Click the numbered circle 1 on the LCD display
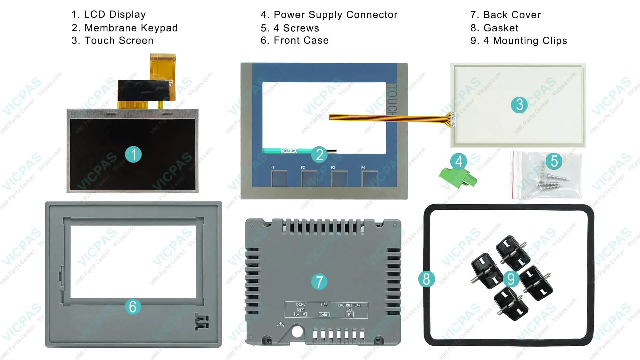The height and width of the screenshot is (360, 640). pos(133,155)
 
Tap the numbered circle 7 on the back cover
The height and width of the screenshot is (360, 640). pos(319,282)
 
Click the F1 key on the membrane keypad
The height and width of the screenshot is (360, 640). pos(279,178)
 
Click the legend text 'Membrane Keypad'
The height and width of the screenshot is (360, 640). pos(131,28)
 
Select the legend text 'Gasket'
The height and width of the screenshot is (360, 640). pos(501,28)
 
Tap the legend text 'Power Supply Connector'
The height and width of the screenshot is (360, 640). pos(335,15)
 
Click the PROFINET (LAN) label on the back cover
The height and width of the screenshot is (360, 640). pos(350,305)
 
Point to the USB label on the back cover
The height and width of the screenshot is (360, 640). pos(324,305)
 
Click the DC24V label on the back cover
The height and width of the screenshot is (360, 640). pos(301,305)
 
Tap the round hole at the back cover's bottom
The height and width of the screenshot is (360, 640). pos(297,331)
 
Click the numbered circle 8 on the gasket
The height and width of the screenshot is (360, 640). pos(426,279)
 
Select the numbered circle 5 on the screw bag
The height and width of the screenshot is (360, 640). pos(554,161)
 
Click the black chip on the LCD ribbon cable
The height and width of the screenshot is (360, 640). pos(143,90)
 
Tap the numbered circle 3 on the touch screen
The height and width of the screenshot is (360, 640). pos(519,105)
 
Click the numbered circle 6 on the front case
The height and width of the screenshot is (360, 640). pos(133,307)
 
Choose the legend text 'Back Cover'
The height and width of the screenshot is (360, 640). pos(512,15)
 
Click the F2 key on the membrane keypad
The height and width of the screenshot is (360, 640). pos(309,178)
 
